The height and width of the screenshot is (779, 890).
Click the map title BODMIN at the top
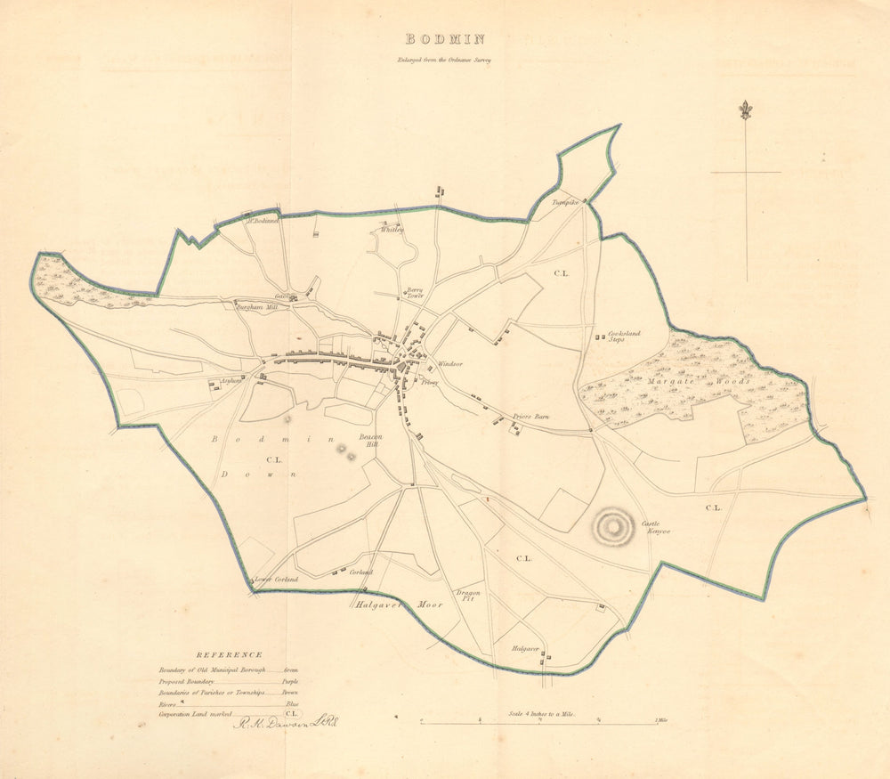445,39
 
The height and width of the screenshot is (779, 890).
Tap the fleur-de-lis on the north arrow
746,110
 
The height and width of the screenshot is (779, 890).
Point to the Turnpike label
566,203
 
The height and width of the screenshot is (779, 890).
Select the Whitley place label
392,229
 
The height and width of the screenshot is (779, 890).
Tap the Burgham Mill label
258,305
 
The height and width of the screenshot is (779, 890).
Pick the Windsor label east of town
449,365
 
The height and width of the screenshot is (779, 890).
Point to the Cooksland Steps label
624,337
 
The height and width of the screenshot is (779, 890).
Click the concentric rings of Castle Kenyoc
612,525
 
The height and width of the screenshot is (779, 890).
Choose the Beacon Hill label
370,440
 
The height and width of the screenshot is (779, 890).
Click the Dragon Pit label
468,596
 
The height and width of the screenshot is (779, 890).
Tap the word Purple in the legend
289,680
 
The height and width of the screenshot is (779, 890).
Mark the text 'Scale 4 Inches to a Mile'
543,713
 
